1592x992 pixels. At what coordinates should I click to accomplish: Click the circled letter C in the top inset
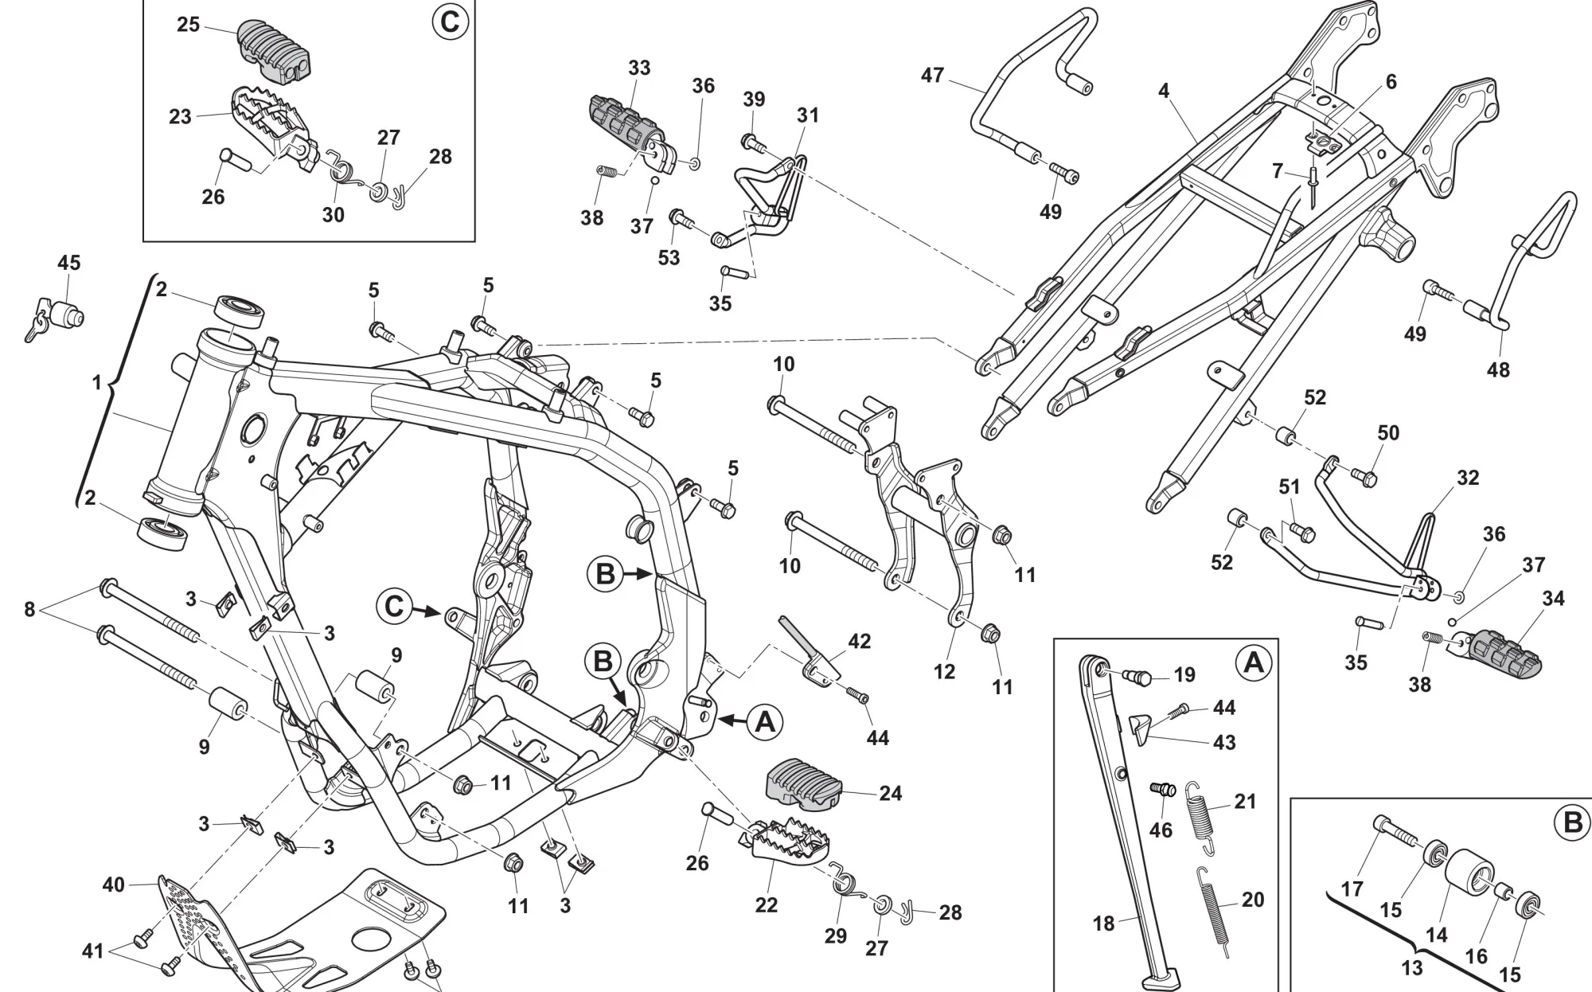pos(450,21)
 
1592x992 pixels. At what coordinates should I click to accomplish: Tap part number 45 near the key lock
pos(69,263)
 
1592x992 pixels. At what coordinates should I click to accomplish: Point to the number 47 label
pos(932,76)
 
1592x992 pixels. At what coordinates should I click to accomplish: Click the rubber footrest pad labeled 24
pos(803,784)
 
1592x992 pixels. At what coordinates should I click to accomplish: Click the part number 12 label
pos(944,671)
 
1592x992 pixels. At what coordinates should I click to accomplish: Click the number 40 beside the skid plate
pos(114,885)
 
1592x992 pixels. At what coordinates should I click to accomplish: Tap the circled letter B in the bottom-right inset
pos(1572,822)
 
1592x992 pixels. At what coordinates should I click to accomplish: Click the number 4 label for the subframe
pos(1164,91)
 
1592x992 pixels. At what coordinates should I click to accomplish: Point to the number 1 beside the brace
pos(96,383)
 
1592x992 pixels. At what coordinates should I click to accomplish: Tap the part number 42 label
pos(860,641)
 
